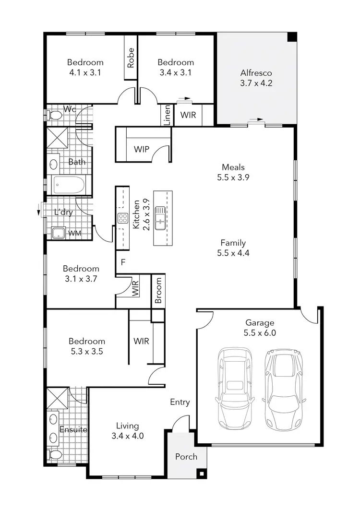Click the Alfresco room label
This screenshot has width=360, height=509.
point(256,73)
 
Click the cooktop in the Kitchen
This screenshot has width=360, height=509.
point(122,219)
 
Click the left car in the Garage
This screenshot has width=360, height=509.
point(234,389)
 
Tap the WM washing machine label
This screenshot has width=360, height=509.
point(75,233)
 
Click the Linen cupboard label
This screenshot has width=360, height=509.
point(167,115)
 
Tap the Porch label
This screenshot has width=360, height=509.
point(186,456)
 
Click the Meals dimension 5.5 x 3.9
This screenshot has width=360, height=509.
point(233,177)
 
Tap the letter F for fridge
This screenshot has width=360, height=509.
point(123,262)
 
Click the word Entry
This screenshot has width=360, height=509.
point(180,402)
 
